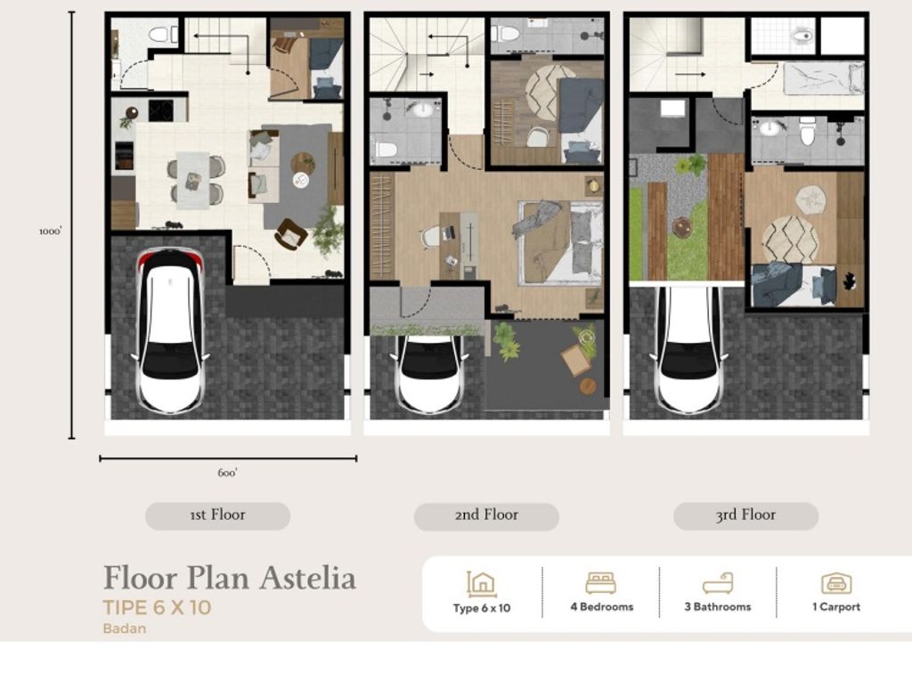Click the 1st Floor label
217,515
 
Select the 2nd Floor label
486,515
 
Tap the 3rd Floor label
745,515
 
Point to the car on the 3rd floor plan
688,350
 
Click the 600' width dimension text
227,473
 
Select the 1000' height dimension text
51,231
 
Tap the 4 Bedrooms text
601,607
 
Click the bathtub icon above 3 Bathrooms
717,583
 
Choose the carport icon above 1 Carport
835,583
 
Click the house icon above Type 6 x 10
481,583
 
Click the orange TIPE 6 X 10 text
158,609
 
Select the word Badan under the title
124,629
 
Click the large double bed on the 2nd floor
560,242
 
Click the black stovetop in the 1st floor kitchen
160,110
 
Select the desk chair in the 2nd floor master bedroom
431,236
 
